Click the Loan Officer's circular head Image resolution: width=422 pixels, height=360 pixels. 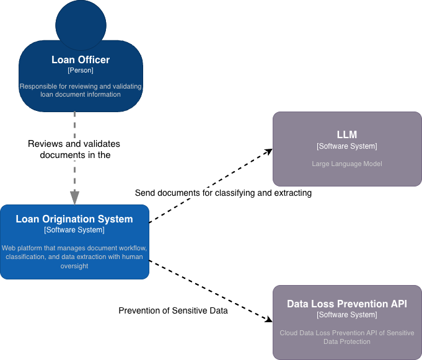[81, 25]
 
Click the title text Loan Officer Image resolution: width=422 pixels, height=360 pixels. [81, 59]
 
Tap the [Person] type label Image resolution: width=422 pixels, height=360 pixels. [81, 70]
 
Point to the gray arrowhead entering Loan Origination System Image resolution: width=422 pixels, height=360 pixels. [74, 198]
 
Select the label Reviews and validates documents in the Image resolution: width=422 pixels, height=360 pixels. [74, 149]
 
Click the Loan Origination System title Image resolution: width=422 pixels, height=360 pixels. [74, 219]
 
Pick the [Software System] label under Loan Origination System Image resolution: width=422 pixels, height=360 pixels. [74, 230]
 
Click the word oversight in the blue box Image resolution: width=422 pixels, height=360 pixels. [74, 266]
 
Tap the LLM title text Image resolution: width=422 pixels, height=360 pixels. [347, 134]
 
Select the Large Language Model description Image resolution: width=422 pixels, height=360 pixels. [347, 164]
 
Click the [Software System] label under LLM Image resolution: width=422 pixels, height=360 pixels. [347, 146]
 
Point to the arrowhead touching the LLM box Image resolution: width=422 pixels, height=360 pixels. [268, 151]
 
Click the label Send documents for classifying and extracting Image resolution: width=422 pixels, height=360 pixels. [223, 193]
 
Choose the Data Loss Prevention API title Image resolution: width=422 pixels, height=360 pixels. [347, 304]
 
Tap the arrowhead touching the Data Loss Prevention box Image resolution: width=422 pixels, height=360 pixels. [269, 320]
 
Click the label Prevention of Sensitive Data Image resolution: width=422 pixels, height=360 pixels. [173, 310]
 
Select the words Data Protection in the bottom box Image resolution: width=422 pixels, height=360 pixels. [347, 341]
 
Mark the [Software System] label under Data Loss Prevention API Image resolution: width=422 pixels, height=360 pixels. [347, 315]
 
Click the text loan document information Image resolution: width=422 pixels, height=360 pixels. [81, 94]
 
